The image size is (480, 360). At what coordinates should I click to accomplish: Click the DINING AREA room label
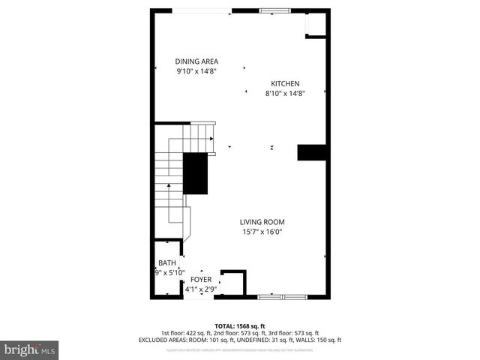196,61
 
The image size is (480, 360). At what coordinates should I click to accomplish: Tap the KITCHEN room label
285,83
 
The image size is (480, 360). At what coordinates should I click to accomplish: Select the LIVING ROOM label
262,222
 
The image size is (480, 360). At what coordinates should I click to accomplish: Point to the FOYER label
201,279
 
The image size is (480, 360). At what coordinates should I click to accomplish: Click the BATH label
166,263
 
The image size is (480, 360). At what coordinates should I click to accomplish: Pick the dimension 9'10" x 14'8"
196,72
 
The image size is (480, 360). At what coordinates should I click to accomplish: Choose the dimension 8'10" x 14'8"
285,94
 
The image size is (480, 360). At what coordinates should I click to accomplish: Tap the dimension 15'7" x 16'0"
262,232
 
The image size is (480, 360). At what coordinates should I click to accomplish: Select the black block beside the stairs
196,173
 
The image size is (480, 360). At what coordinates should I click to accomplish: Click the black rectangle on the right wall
312,152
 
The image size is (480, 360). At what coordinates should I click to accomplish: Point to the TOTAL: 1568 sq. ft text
240,325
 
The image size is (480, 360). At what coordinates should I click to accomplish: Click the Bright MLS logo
30,349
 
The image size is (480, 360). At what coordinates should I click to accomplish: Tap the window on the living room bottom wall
282,297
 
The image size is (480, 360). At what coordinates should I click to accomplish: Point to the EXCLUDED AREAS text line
240,340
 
